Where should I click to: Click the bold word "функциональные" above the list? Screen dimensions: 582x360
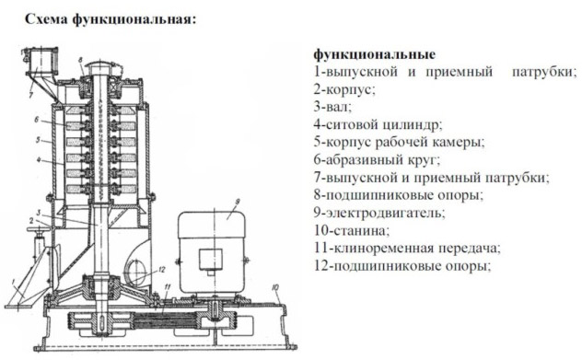coord(375,54)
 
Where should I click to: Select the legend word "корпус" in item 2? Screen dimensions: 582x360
coord(350,90)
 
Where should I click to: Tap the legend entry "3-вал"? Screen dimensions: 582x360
coord(332,107)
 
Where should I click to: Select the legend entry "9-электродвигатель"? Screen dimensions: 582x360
coord(379,214)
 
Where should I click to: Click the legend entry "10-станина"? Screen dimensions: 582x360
coord(351,231)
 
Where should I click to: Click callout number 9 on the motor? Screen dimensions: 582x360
coord(238,202)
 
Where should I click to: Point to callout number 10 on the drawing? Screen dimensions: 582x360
coord(275,287)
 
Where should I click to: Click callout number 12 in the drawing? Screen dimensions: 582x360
coord(161,270)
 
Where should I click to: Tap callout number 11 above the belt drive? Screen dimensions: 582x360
coord(168,287)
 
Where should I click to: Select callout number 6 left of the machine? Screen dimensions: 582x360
coord(36,120)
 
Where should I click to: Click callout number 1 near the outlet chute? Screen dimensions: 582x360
coord(13,284)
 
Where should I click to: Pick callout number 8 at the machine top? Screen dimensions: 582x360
coord(80,61)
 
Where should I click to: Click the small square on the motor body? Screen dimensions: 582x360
coord(211,259)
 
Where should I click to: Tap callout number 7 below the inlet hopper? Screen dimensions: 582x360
coord(31,96)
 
